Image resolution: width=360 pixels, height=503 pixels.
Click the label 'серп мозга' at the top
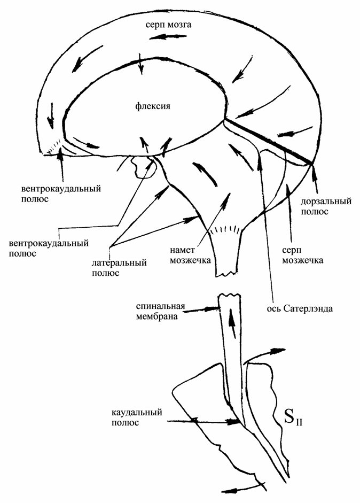coord(168,25)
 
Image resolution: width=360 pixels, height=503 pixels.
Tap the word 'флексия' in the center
coord(153,106)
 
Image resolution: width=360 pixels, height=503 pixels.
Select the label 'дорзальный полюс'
coord(326,206)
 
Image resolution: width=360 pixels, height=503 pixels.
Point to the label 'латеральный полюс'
coord(119,268)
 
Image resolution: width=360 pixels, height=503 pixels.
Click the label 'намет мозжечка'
coord(190,255)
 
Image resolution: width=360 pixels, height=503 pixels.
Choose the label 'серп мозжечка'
coord(302,255)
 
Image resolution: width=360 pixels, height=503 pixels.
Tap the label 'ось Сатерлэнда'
coord(300,308)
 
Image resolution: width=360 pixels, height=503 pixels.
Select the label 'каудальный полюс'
coord(137,417)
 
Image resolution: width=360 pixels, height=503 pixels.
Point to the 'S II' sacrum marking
coord(293,418)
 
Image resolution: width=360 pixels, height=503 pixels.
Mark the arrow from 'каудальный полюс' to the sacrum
coord(204,421)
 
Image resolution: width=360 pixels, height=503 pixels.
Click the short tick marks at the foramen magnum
coord(225,229)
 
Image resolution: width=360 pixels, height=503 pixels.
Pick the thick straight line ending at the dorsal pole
coord(268,141)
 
